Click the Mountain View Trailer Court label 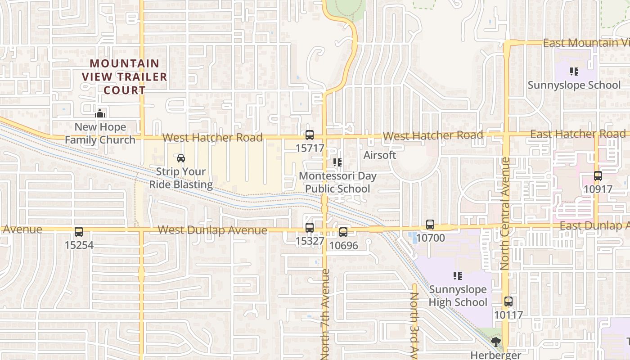[124, 76]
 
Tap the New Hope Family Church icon [100, 113]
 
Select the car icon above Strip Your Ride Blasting [181, 158]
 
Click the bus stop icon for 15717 [310, 135]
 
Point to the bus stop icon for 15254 [79, 232]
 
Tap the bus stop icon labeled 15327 [310, 228]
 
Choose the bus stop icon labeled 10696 [343, 232]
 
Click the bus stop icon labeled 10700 [430, 225]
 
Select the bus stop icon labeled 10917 [598, 176]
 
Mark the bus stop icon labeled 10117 [508, 301]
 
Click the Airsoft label [380, 155]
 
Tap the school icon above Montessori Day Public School [337, 162]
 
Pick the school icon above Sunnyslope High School [458, 275]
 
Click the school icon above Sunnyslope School [574, 72]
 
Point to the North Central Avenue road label [504, 214]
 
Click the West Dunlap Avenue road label [212, 230]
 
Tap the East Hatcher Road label [578, 134]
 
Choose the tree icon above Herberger [495, 342]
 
